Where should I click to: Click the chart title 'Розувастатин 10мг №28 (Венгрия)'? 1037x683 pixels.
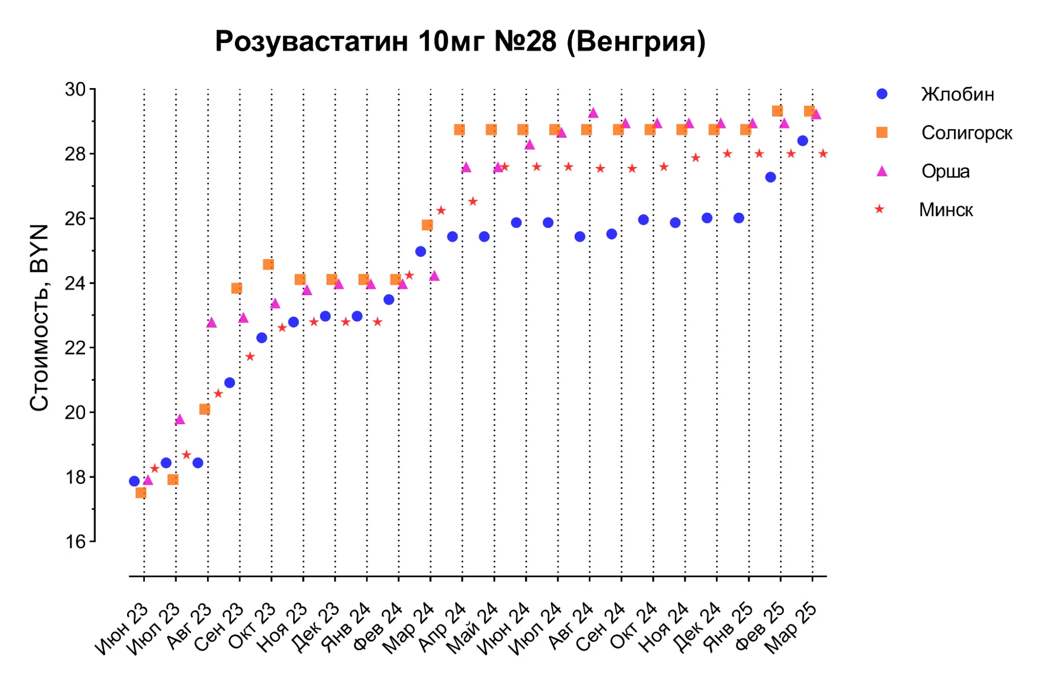pos(460,41)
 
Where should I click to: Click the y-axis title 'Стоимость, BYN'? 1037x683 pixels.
pos(39,317)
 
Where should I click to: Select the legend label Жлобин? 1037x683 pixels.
pos(957,94)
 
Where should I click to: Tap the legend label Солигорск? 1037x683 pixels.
pos(966,133)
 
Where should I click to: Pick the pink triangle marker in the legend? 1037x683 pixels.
pos(881,171)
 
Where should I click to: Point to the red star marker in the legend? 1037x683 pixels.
pos(879,210)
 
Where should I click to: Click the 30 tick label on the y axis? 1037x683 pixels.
pos(75,90)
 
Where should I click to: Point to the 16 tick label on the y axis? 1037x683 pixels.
pos(75,542)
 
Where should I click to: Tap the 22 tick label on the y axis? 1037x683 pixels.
pos(75,348)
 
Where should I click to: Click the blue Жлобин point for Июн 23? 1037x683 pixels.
pos(134,481)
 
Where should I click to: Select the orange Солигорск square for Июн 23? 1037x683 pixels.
pos(141,493)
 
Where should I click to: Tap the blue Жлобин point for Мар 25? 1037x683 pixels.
pos(803,141)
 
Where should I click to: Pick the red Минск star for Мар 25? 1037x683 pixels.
pos(823,154)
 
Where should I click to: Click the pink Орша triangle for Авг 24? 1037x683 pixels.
pos(593,113)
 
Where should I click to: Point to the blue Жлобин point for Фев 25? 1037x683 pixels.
pos(770,177)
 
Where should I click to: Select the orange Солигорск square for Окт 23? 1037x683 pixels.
pos(268,264)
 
